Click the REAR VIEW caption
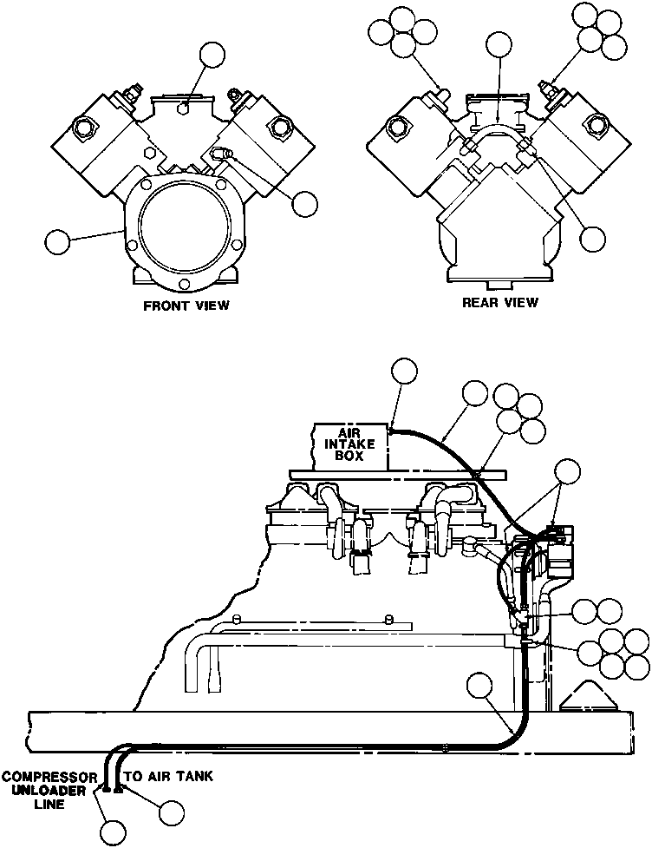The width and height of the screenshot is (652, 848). (x=499, y=303)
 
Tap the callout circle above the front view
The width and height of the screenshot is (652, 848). (x=212, y=55)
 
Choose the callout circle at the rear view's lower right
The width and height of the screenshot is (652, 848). (x=593, y=238)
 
